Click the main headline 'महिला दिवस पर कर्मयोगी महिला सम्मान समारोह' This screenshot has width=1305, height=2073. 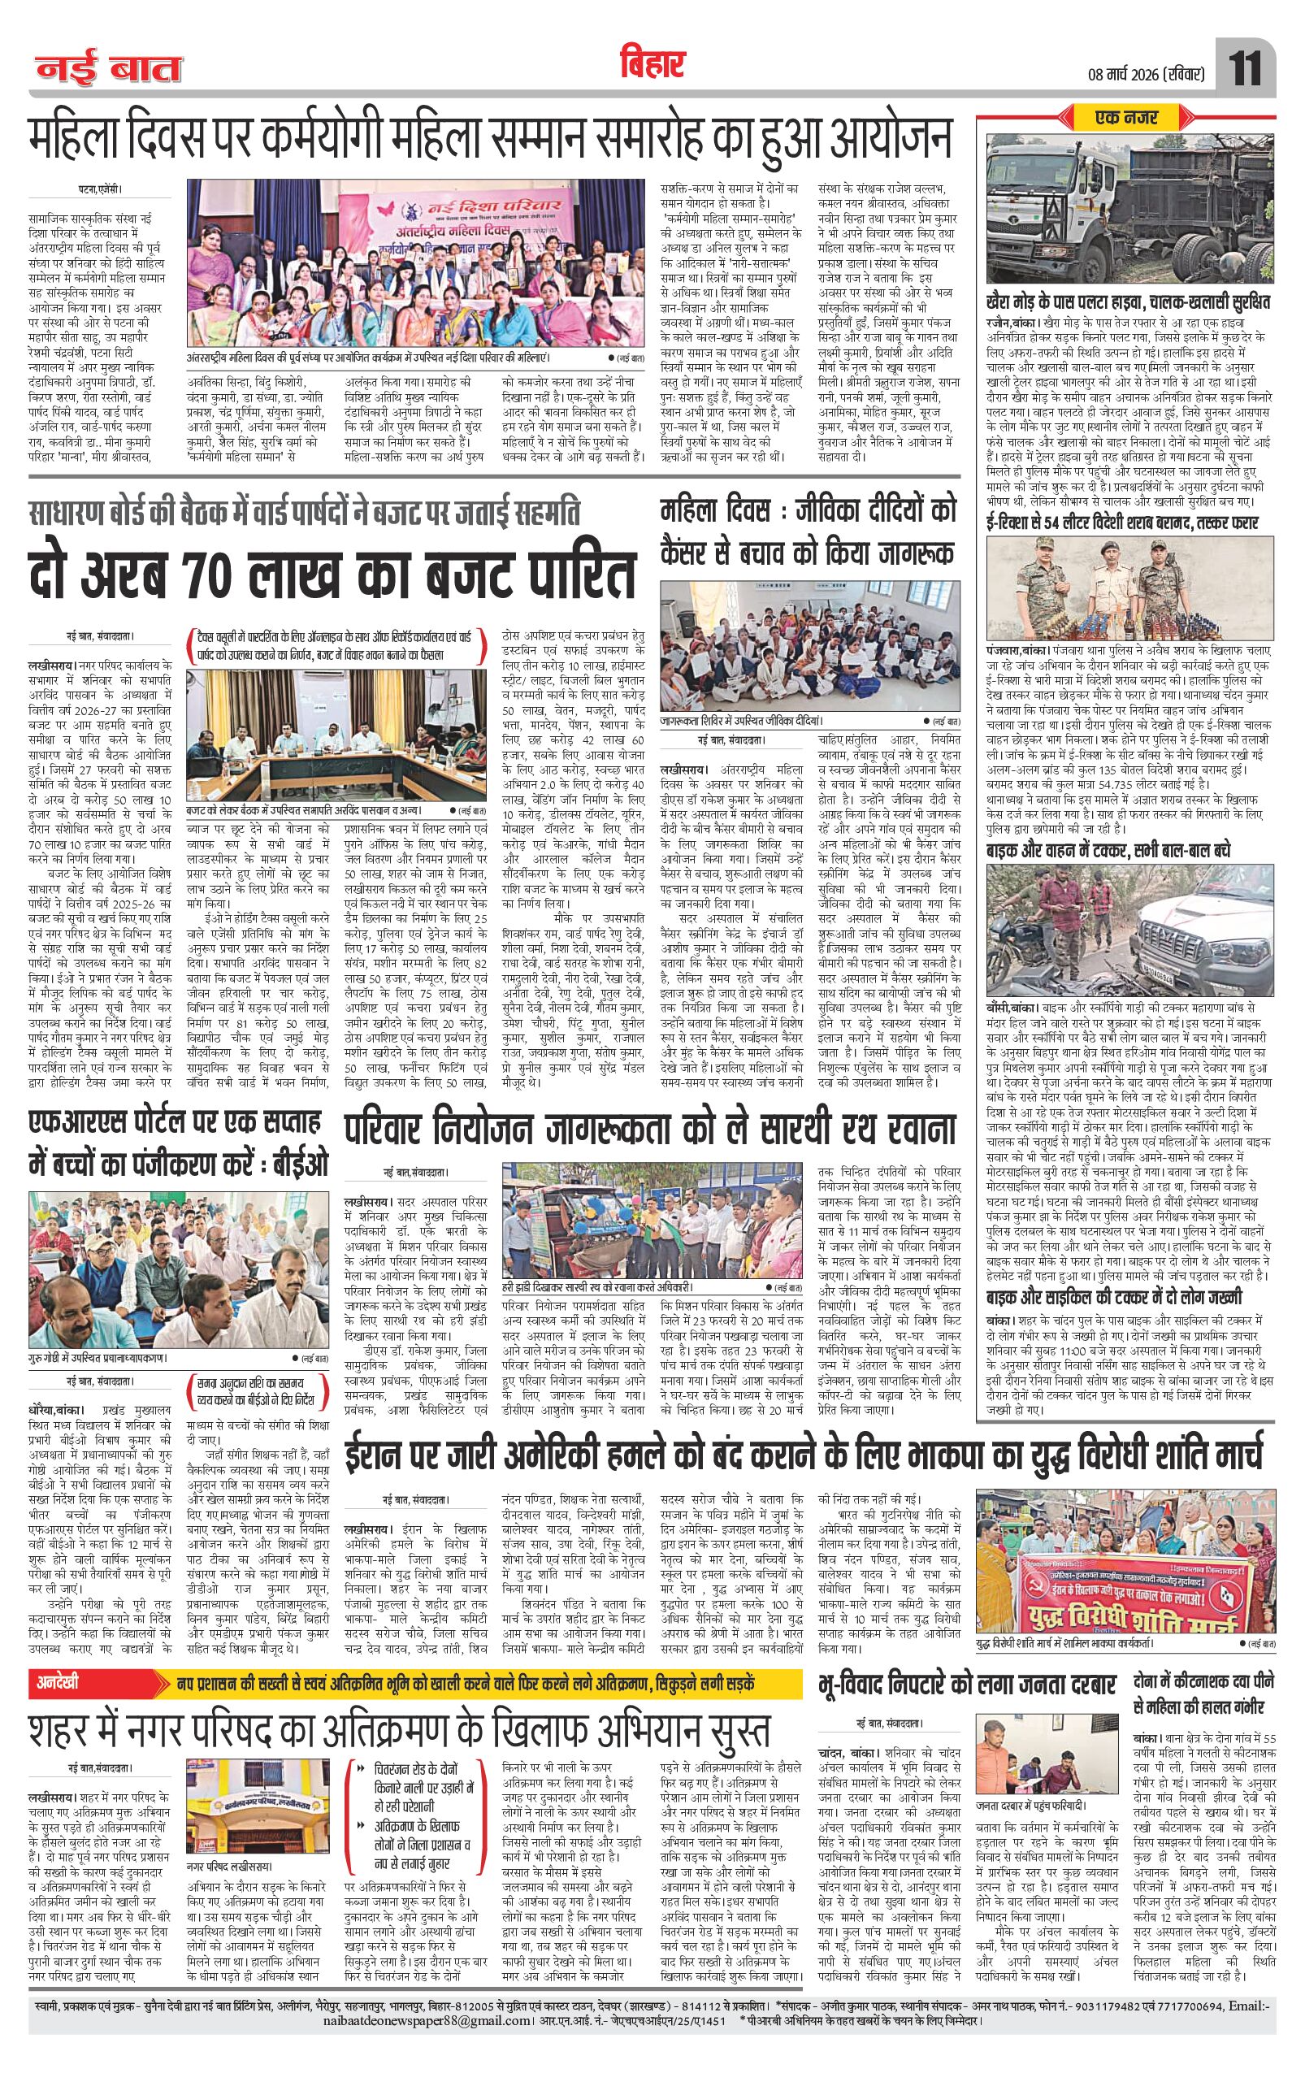491,137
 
